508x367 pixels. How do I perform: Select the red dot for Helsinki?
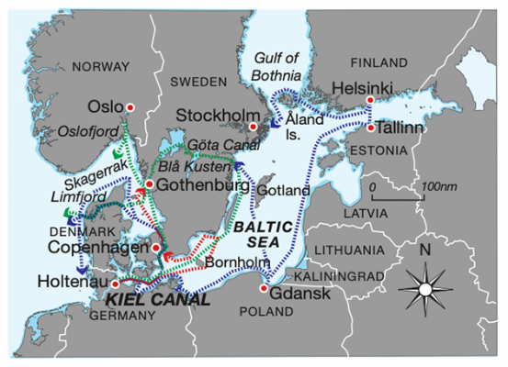pyautogui.click(x=370, y=100)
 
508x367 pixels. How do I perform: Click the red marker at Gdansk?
pyautogui.click(x=264, y=289)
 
